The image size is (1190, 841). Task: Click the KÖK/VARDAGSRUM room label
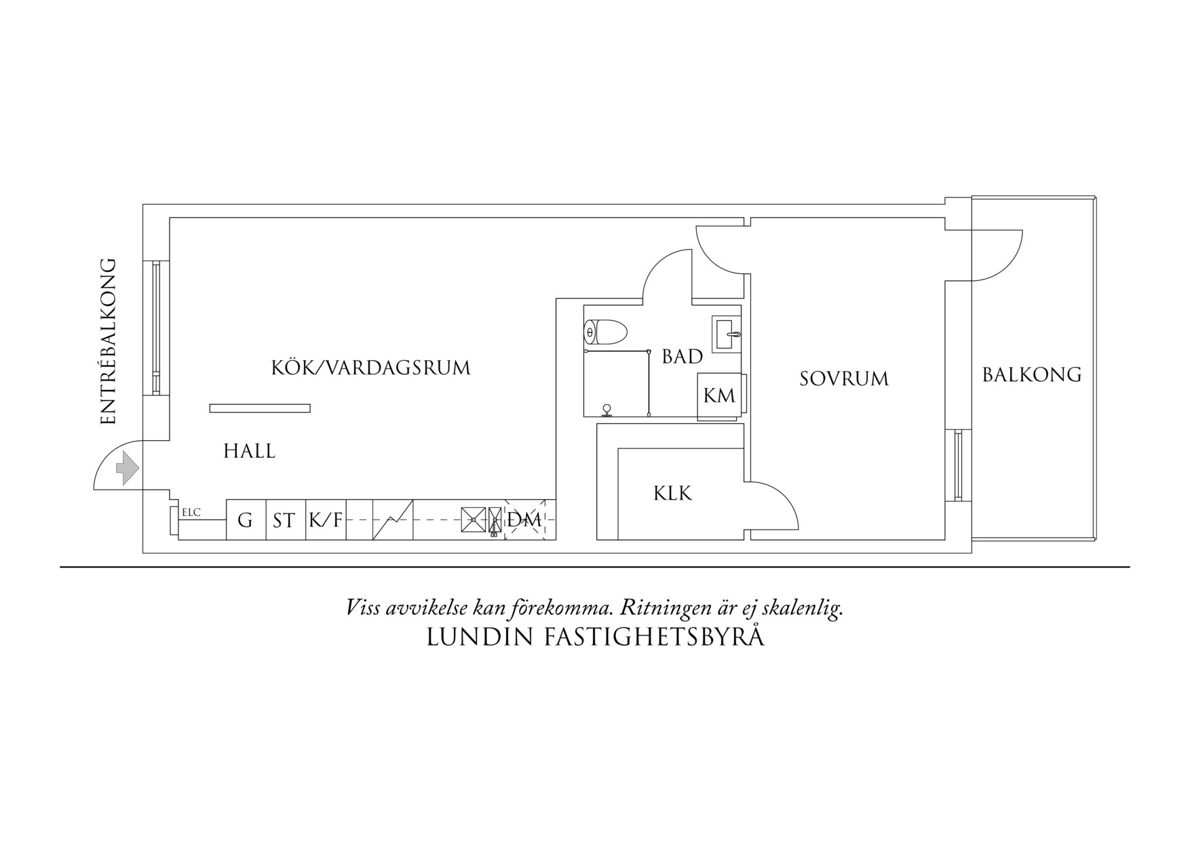coord(370,368)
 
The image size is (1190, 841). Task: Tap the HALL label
coord(249,452)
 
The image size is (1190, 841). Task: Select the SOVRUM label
coord(844,378)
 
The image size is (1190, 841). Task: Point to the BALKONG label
coord(1031,374)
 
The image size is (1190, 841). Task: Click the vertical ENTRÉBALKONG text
coord(109,342)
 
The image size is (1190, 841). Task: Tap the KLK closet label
coord(672,494)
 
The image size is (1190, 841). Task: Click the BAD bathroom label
coord(682,357)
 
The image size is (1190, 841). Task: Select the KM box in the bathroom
coord(719,395)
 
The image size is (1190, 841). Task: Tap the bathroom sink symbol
coord(727,333)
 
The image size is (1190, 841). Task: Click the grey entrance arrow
coord(127,469)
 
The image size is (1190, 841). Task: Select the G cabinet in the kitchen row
coord(245,521)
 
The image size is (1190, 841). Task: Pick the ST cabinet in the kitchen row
coord(284,521)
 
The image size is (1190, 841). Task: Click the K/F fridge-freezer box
coord(326,521)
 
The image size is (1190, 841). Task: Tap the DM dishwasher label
coord(524,520)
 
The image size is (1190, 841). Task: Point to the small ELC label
coord(191,513)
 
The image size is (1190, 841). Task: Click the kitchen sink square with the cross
coord(472,520)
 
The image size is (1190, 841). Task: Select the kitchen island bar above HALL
coord(260,408)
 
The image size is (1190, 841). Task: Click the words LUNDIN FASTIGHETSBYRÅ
coord(595,638)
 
